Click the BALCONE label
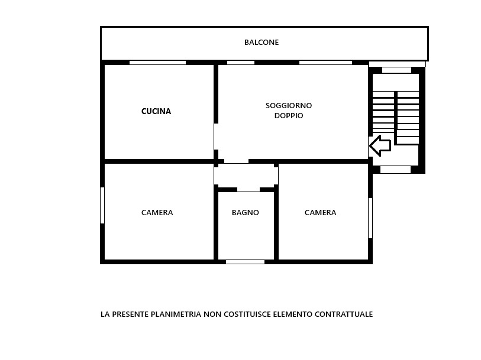(262, 43)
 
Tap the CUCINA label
(156, 111)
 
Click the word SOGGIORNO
(289, 105)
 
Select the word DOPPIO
(289, 115)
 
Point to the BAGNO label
(246, 212)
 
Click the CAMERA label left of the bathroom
(157, 212)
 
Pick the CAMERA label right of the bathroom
(320, 212)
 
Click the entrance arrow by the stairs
(380, 145)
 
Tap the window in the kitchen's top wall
(158, 63)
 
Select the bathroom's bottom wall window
(245, 262)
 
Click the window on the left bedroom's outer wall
(102, 205)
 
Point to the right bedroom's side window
(370, 218)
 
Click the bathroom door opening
(248, 190)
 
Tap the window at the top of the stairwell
(396, 70)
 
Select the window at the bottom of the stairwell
(395, 170)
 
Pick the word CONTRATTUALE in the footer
(344, 314)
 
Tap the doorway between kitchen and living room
(216, 137)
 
